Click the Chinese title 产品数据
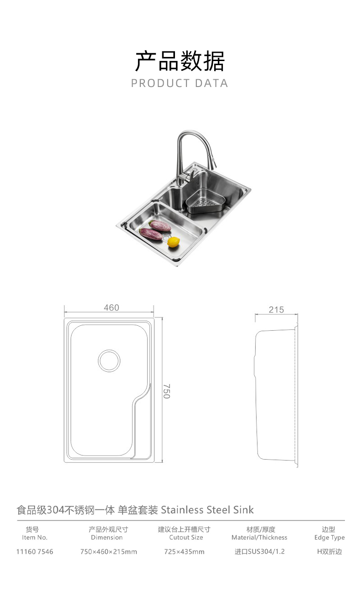(x=180, y=61)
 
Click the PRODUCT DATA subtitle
(x=180, y=83)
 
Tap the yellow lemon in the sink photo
(x=173, y=242)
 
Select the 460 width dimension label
(x=111, y=308)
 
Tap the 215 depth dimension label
(x=276, y=310)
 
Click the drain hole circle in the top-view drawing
(x=109, y=360)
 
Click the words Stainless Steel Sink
(x=207, y=510)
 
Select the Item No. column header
(x=35, y=538)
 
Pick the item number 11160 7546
(x=35, y=552)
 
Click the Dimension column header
(x=107, y=538)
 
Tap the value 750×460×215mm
(x=108, y=552)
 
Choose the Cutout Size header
(x=186, y=538)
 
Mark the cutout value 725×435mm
(x=184, y=552)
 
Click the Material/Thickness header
(x=259, y=538)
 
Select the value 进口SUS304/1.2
(x=259, y=552)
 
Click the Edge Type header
(x=329, y=538)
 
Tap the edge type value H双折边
(x=329, y=552)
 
